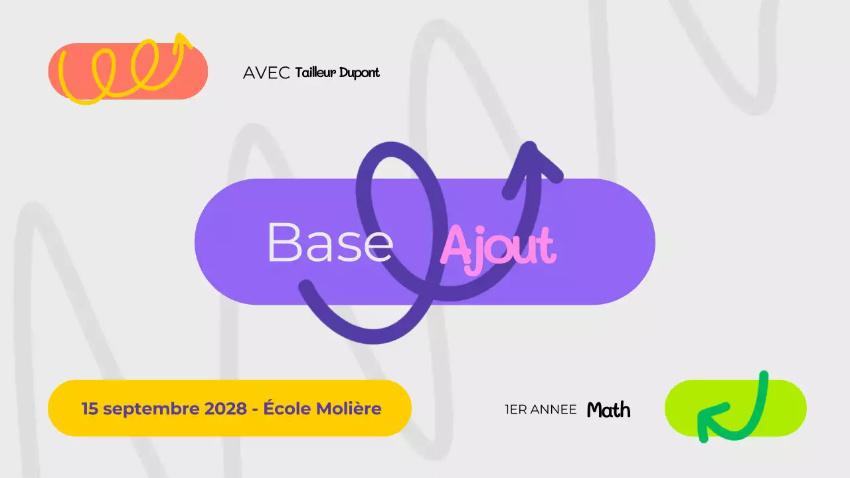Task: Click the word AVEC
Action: pyautogui.click(x=266, y=73)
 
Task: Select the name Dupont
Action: pyautogui.click(x=359, y=73)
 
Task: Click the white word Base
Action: pyautogui.click(x=329, y=242)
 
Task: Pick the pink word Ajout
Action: pyautogui.click(x=497, y=247)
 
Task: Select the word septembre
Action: pyautogui.click(x=151, y=409)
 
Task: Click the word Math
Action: pyautogui.click(x=608, y=410)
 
